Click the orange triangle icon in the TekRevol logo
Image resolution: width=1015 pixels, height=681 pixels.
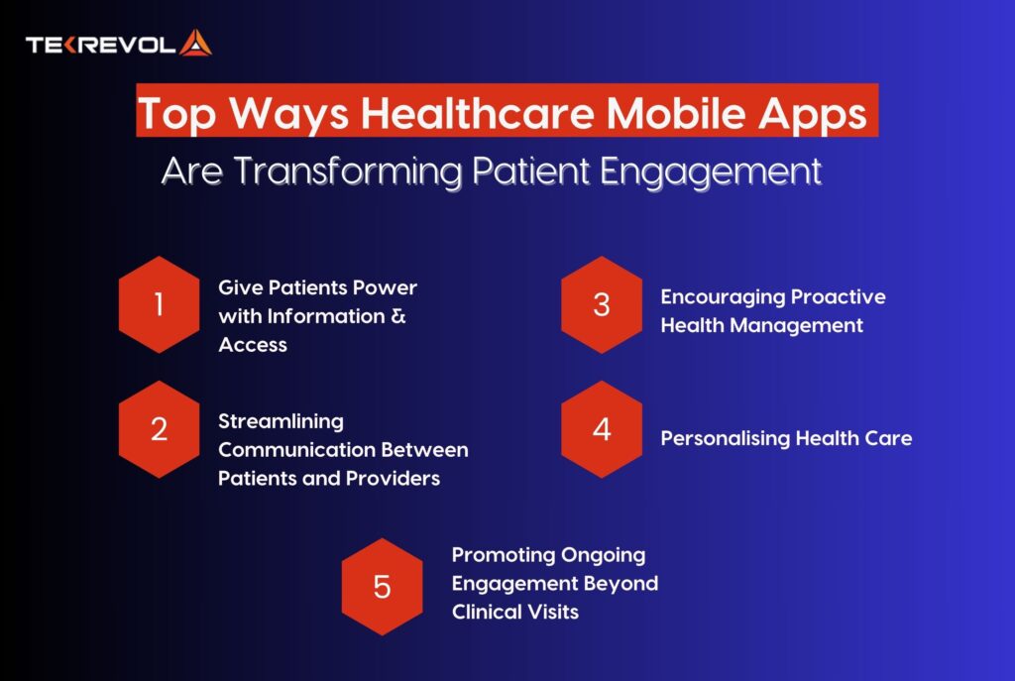[196, 44]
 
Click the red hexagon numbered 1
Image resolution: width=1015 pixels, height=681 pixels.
[159, 304]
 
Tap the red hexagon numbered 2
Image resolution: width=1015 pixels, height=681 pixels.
[159, 430]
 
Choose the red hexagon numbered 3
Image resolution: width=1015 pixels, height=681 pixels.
[602, 304]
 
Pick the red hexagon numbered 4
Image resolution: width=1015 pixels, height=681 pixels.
[602, 430]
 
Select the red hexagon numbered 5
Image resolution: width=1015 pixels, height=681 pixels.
[382, 587]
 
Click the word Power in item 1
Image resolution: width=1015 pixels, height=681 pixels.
[382, 288]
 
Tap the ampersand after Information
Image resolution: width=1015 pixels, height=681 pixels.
[398, 317]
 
